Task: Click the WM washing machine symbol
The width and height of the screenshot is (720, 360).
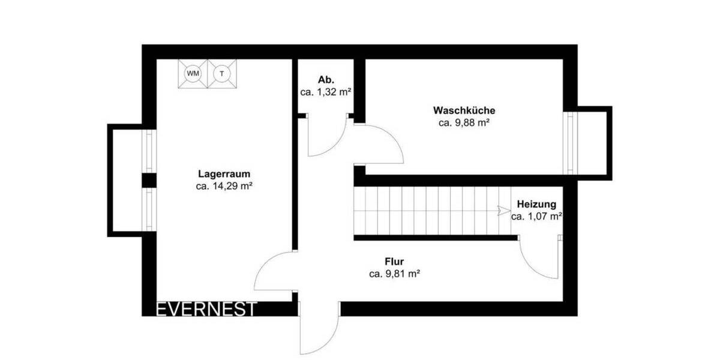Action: click(x=193, y=74)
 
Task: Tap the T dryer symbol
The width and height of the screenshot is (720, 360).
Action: click(x=222, y=74)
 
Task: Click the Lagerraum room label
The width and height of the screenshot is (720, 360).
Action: click(x=224, y=175)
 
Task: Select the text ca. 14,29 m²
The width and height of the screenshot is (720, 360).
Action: click(x=224, y=187)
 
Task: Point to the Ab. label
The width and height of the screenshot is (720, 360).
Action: click(x=326, y=80)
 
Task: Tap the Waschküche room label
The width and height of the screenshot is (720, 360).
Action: click(x=464, y=111)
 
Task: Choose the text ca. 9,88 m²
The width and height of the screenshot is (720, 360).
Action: click(x=464, y=123)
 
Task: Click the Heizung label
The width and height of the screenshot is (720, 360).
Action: click(x=536, y=204)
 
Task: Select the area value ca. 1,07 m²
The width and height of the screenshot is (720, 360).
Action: click(x=536, y=216)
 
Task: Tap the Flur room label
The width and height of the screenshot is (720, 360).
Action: click(x=394, y=262)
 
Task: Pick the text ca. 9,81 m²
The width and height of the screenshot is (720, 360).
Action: click(x=394, y=274)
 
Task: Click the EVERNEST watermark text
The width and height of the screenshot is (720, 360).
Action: click(x=206, y=309)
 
